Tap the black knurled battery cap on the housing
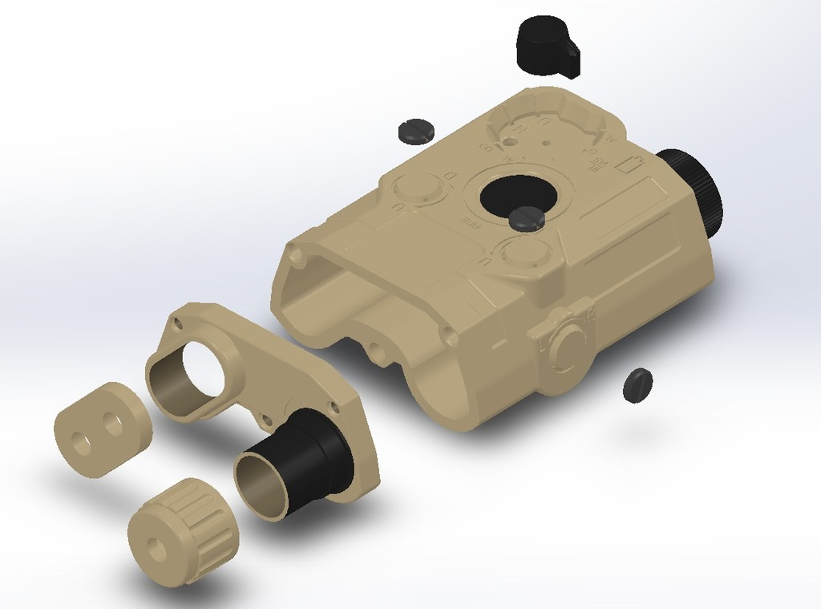(x=694, y=191)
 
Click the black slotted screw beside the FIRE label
(x=527, y=217)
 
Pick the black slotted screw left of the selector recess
(x=415, y=130)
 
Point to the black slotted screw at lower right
(x=637, y=385)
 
